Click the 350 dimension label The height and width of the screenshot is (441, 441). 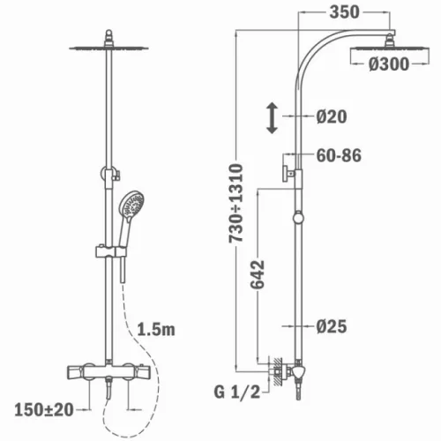click(344, 12)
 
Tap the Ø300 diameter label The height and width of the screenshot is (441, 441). click(389, 64)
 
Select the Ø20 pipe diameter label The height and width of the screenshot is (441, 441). click(332, 116)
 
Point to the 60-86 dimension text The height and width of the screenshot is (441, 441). click(339, 155)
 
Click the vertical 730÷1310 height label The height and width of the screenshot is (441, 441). click(236, 203)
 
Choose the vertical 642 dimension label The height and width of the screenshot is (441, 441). click(258, 274)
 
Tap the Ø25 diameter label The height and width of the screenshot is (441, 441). click(332, 326)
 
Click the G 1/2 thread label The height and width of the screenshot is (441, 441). click(237, 392)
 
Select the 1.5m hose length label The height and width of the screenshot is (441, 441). click(156, 330)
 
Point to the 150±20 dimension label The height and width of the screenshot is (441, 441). click(44, 410)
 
